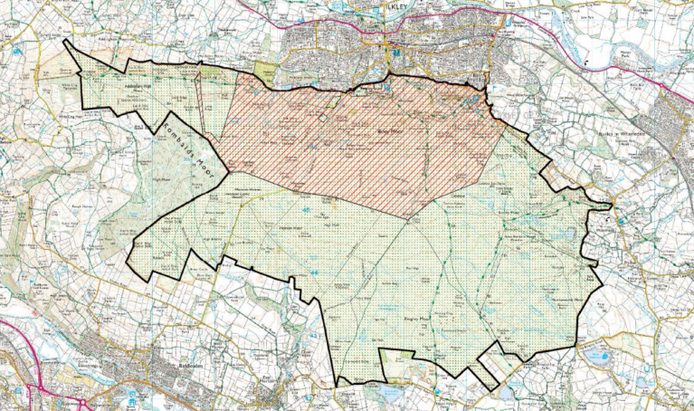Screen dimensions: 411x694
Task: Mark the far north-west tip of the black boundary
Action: pos(65,42)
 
